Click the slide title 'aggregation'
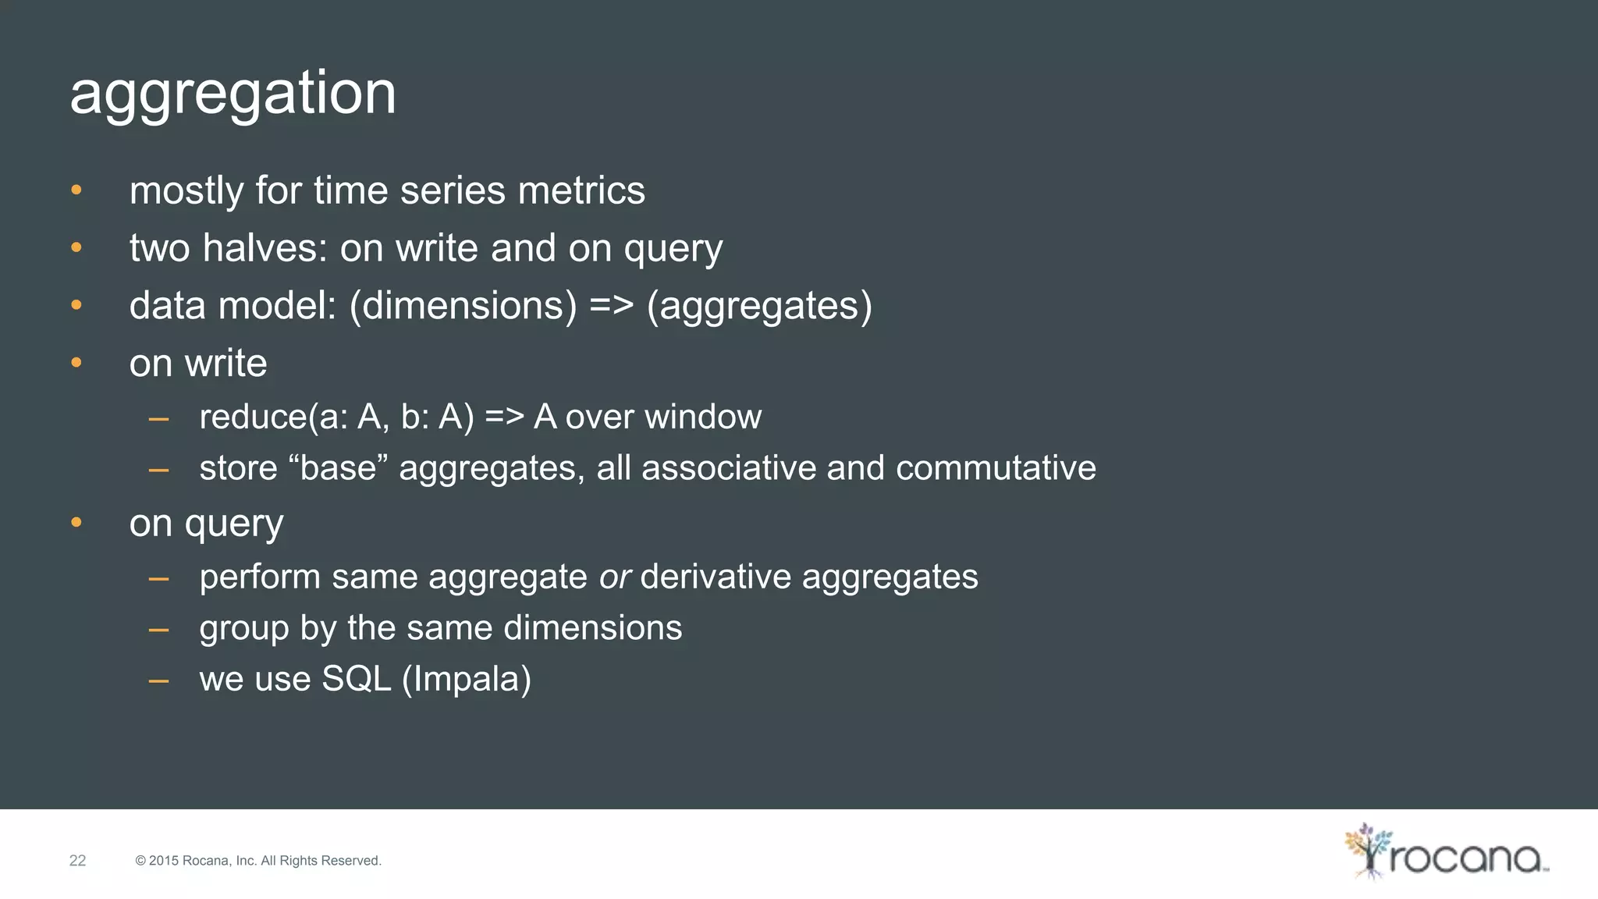click(233, 94)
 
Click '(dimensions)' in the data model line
click(463, 306)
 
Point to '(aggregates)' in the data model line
click(759, 306)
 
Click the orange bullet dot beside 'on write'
click(76, 362)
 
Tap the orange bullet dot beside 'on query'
click(76, 522)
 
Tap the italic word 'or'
click(614, 577)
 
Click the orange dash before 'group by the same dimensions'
click(159, 629)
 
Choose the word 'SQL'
click(356, 679)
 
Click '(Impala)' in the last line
click(467, 679)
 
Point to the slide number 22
click(77, 861)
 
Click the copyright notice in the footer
click(258, 861)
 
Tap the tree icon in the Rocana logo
click(1366, 851)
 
